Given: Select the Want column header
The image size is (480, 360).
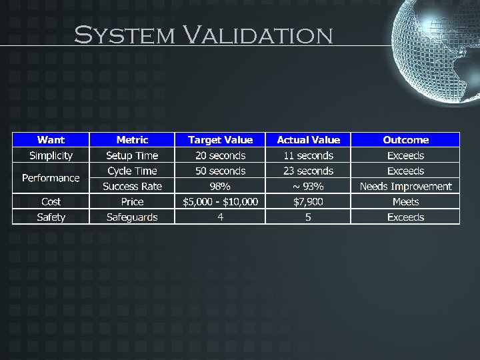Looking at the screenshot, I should coord(51,140).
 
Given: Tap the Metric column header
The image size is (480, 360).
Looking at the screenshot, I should coord(132,140).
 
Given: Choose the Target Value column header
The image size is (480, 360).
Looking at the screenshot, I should coord(221,140).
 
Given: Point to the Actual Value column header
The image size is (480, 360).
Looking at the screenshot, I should coord(308,140).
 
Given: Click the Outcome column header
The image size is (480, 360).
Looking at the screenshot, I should coord(405,140).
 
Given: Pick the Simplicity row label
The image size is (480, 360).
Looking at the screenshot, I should coord(51,155).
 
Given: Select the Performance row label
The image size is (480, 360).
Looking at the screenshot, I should coord(51,178).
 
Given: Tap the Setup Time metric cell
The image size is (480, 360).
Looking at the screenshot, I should coord(132,155).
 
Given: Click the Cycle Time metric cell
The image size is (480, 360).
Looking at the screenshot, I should coord(132,171).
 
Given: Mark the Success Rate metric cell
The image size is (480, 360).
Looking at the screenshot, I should coord(132,186).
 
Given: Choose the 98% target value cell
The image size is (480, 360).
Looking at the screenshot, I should coord(221,186).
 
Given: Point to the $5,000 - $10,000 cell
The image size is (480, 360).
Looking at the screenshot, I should coord(221,201).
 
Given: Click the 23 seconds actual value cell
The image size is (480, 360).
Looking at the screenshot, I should coord(308,171).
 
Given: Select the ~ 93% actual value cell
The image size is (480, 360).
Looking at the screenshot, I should coord(308,186).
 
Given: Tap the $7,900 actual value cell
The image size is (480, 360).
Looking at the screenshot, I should coord(308,201).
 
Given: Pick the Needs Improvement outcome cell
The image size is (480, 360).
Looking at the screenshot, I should coord(405,186).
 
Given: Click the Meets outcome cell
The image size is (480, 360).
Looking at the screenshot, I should coord(405,201).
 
